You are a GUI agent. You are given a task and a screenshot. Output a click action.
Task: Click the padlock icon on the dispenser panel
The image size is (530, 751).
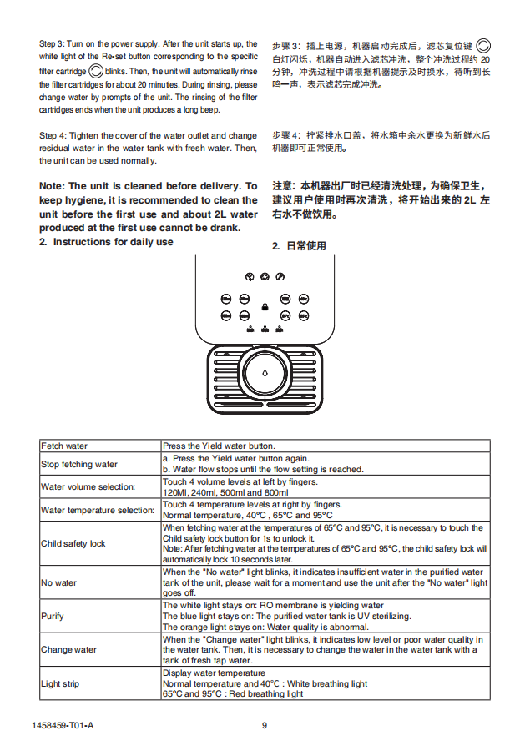point(264,307)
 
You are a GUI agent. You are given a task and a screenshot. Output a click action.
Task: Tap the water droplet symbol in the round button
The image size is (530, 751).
point(265,375)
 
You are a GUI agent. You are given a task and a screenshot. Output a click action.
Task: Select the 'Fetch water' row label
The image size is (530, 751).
point(64,446)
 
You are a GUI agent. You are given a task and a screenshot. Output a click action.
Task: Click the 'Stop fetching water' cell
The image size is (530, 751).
point(79,464)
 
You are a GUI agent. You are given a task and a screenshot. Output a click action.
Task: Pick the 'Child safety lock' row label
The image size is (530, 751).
point(73,544)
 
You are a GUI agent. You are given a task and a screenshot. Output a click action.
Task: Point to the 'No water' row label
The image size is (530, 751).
point(58,582)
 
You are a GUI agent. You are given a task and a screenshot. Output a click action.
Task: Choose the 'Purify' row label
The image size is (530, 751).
point(53,617)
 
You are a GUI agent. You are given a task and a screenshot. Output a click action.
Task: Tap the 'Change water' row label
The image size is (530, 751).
point(68,650)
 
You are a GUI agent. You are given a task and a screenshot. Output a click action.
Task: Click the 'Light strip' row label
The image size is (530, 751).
point(60,684)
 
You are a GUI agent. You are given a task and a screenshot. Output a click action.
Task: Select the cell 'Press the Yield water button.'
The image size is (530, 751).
point(219,446)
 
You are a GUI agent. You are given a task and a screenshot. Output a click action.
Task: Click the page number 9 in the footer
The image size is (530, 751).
point(265,725)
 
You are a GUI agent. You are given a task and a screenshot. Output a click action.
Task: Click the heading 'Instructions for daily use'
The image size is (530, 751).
point(113,242)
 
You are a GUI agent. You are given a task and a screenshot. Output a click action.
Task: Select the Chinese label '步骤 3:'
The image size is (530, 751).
point(287,44)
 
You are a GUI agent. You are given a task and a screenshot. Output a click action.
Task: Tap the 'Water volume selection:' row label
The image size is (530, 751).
point(88,486)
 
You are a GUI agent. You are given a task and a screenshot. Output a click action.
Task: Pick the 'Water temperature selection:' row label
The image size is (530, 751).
point(98,510)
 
